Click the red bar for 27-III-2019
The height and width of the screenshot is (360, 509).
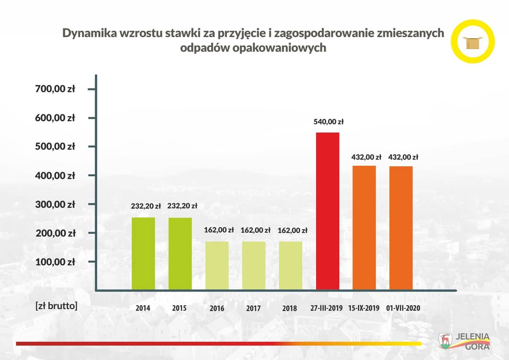pos(328,211)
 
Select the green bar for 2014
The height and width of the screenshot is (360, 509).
pos(143,254)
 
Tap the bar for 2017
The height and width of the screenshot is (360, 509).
pos(254,266)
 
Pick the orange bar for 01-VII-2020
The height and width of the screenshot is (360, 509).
pos(401,228)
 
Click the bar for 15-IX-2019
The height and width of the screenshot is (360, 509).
pos(364,228)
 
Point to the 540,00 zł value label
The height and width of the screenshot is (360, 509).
pos(328,122)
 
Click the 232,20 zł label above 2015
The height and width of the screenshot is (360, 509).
pos(182,206)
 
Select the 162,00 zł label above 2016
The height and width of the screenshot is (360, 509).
pos(219,230)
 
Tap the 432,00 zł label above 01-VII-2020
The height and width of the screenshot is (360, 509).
pos(403,157)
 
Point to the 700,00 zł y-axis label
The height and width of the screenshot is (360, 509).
pos(55,89)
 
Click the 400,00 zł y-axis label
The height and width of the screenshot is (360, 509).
pos(55,176)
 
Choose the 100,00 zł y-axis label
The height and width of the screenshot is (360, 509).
pos(55,262)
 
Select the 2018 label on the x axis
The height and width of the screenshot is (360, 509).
pos(290,309)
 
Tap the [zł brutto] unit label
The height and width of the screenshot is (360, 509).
pos(57,305)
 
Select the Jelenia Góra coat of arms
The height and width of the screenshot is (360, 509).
pos(445,340)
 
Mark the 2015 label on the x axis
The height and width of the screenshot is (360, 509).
pos(179,309)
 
